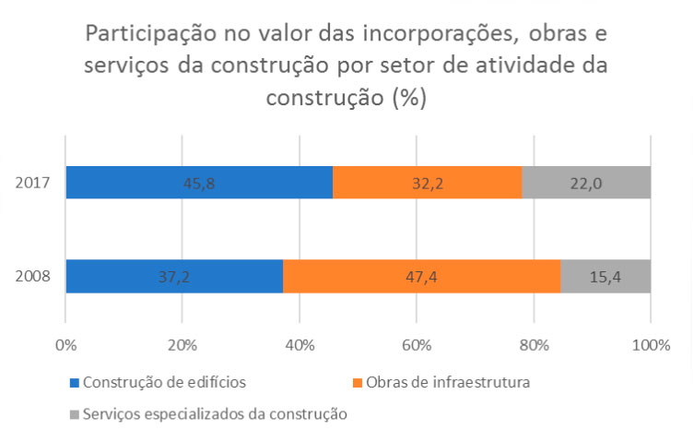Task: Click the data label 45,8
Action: point(199,183)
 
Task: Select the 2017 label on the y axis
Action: point(33,183)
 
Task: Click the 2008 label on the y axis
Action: point(33,276)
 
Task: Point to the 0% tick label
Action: point(65,345)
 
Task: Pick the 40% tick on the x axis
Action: point(300,345)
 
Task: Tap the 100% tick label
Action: point(651,345)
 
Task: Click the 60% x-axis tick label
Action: point(417,345)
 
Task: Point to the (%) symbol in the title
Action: point(406,98)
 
